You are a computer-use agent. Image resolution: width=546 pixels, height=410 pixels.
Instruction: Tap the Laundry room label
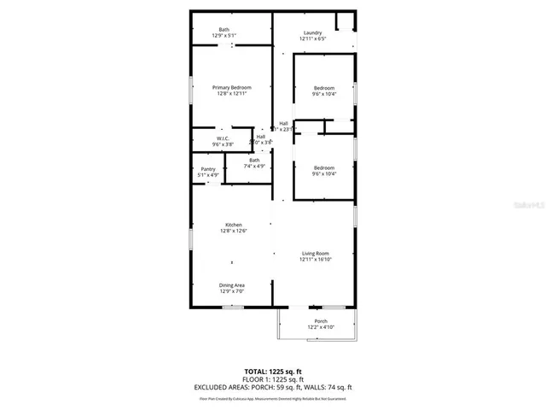point(314,33)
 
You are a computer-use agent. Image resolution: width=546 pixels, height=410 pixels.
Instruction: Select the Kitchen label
point(234,225)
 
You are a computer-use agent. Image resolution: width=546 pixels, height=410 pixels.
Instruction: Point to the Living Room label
point(315,254)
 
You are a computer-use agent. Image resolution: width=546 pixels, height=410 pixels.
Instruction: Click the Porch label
point(321,321)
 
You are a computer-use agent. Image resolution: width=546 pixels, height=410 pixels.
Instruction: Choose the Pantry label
point(208,169)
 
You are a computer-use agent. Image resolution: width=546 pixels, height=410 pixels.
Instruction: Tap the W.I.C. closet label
point(222,138)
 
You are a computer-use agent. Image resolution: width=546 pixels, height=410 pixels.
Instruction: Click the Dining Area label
point(233,285)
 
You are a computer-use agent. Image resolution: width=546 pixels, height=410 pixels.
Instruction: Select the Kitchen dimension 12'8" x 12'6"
point(234,231)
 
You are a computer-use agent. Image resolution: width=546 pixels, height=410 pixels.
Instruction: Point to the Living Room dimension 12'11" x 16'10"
point(316,260)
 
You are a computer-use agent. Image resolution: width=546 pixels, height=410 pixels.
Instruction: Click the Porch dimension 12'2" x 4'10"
point(321,327)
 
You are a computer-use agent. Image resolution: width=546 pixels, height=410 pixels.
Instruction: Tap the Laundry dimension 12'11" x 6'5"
point(314,39)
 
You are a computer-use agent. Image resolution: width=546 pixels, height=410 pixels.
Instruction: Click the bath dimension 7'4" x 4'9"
point(254,166)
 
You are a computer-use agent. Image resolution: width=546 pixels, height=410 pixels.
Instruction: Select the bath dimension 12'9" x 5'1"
point(224,35)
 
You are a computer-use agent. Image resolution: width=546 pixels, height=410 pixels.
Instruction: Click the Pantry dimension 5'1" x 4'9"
point(208,175)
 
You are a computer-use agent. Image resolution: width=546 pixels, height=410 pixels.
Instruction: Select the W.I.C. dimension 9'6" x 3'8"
point(222,144)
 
